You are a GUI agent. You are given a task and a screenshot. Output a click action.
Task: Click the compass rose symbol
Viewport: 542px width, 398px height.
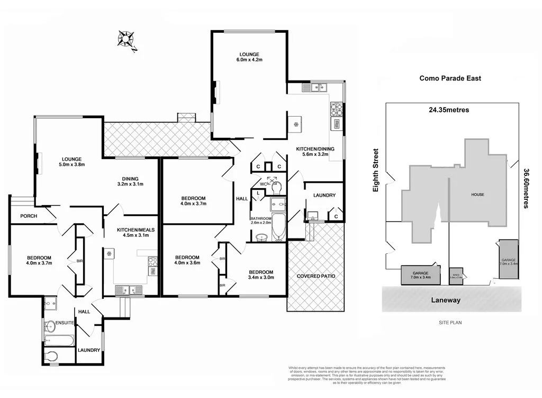click(x=127, y=38)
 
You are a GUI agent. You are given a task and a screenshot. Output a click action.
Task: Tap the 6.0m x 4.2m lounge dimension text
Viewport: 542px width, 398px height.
click(x=249, y=60)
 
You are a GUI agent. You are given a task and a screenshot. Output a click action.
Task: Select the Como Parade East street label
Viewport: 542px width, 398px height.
click(x=450, y=78)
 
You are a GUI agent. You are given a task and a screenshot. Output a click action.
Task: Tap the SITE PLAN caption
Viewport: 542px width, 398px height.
click(x=450, y=322)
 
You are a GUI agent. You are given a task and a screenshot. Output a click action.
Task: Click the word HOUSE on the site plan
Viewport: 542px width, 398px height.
click(x=477, y=194)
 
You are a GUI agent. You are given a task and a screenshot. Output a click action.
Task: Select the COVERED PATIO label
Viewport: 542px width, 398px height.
click(x=315, y=276)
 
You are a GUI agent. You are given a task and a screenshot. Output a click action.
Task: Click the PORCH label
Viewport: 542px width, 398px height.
click(x=29, y=216)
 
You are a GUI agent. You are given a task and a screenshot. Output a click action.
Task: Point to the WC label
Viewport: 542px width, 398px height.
click(x=262, y=184)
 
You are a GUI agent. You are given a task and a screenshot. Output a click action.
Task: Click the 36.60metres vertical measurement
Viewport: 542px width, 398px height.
click(x=526, y=188)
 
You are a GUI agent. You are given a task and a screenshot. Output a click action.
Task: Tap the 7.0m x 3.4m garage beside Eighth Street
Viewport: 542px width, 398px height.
click(x=421, y=275)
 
